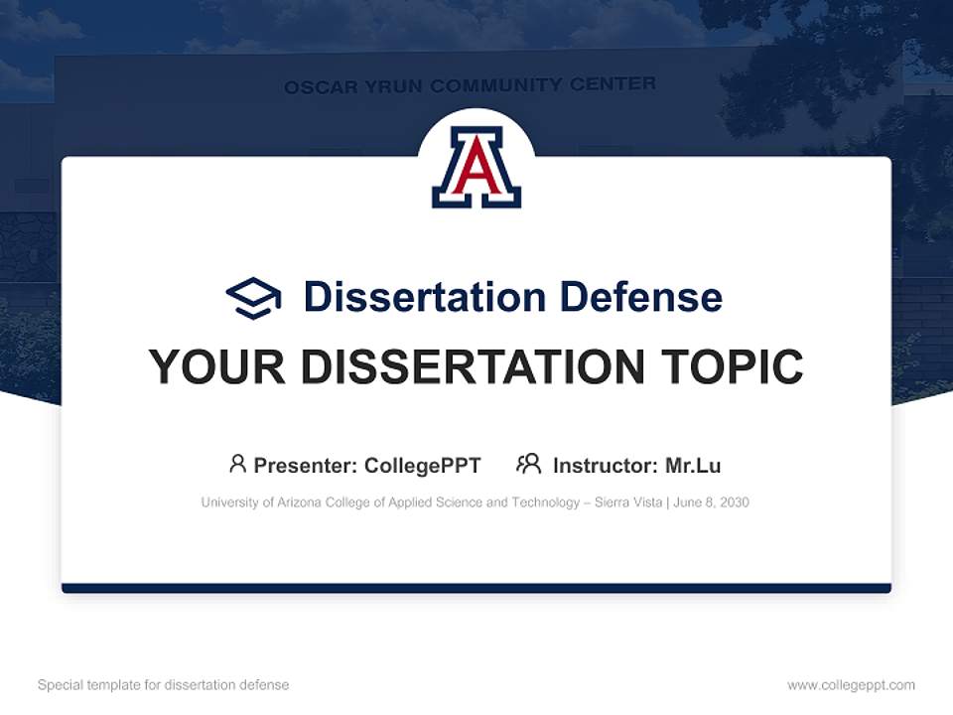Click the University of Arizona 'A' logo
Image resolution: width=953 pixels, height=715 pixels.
(476, 167)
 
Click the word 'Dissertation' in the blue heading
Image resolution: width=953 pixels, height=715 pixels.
(425, 297)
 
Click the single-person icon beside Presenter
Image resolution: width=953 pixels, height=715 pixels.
(237, 464)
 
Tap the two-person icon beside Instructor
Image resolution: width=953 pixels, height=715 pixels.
(529, 464)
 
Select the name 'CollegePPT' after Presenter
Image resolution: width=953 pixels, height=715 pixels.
(422, 466)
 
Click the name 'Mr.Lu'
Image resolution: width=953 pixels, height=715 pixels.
(693, 466)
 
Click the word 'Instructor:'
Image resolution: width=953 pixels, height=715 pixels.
(606, 466)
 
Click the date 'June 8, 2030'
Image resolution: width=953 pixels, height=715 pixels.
(711, 502)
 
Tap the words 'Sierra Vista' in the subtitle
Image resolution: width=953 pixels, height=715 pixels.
(626, 502)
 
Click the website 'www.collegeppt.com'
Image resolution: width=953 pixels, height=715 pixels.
(851, 685)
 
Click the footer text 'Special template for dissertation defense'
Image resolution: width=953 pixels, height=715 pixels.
(164, 685)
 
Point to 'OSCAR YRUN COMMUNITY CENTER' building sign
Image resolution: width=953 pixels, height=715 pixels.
(470, 85)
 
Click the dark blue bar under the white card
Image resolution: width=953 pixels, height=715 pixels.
(476, 588)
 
